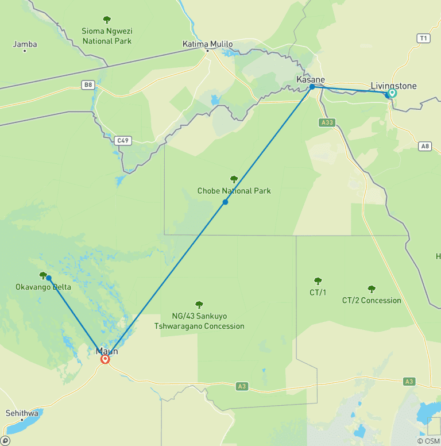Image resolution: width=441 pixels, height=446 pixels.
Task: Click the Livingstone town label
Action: tap(393, 86)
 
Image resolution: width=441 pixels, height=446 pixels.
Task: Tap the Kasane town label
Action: tap(310, 79)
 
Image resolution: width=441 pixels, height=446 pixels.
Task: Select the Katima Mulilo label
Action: tap(207, 44)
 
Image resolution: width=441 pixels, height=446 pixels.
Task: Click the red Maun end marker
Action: tap(105, 359)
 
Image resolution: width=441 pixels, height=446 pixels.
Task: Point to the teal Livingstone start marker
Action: tap(392, 93)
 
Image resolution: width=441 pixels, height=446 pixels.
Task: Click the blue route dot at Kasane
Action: tap(312, 87)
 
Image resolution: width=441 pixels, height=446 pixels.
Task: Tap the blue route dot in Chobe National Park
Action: tap(225, 202)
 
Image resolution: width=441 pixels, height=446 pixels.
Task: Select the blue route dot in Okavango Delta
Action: tap(49, 278)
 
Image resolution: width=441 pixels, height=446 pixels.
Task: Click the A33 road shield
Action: tap(326, 122)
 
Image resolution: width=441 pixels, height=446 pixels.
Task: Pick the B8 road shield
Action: tap(87, 85)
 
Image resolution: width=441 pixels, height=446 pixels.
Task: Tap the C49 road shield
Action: tap(122, 140)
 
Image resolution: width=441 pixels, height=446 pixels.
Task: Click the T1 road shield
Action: tap(423, 39)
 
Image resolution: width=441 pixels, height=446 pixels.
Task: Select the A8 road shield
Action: tap(424, 146)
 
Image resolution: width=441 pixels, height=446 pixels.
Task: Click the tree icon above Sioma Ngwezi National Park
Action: tap(106, 20)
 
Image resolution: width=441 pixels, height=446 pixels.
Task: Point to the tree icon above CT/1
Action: tap(318, 281)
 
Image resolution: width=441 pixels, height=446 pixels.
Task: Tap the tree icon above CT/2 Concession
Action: tap(372, 289)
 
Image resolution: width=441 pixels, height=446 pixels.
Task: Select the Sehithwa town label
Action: tap(22, 413)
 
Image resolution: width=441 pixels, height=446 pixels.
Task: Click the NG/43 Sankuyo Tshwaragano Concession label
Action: tap(199, 321)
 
